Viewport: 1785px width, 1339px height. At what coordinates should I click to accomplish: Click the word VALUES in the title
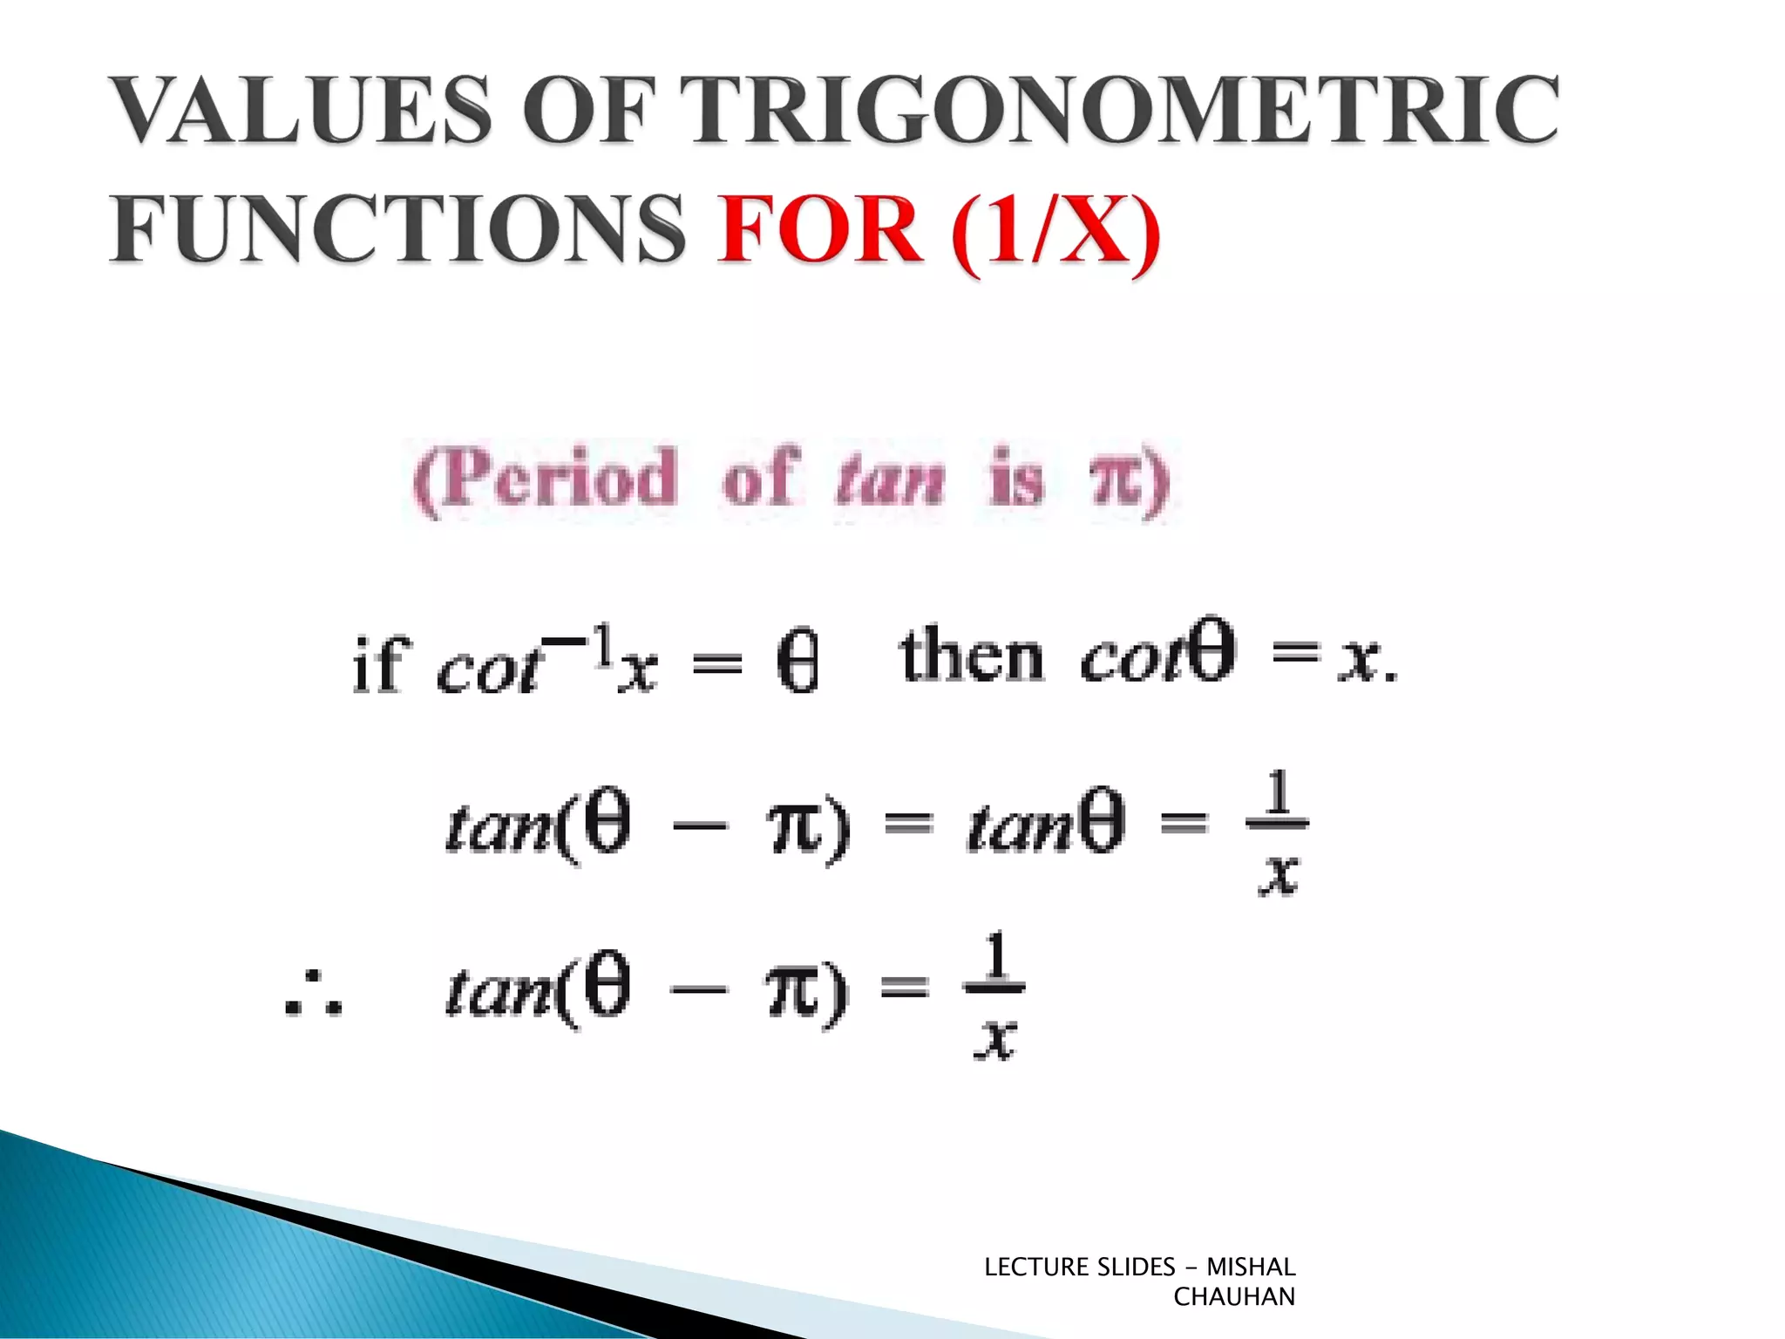click(x=302, y=110)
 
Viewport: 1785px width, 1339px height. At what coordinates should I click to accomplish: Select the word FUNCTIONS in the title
click(x=397, y=228)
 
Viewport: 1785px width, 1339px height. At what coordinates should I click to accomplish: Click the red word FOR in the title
click(x=819, y=228)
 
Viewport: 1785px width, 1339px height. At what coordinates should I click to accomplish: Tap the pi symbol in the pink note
click(x=1115, y=481)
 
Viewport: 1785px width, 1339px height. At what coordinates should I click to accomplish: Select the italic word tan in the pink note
click(x=890, y=481)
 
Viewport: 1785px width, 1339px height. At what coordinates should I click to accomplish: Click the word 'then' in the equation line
click(x=971, y=656)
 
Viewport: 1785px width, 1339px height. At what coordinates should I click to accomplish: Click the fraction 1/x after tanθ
click(x=1278, y=833)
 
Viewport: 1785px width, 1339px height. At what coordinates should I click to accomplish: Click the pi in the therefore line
click(x=793, y=993)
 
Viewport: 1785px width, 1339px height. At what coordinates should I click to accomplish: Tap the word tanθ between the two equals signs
click(x=1046, y=824)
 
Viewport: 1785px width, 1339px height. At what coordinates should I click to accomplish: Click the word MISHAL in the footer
click(x=1251, y=1267)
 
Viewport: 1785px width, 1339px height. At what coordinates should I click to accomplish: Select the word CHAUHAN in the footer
click(x=1234, y=1297)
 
